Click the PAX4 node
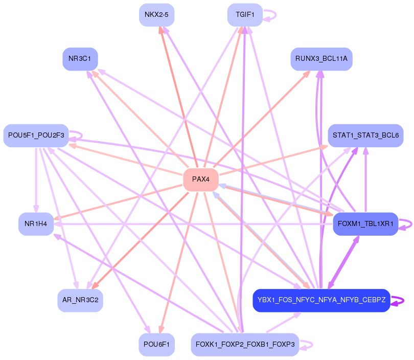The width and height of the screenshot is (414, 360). click(201, 179)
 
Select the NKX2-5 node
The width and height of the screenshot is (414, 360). click(156, 15)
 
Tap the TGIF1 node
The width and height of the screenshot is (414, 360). click(245, 15)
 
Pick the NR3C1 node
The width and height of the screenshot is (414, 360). click(80, 59)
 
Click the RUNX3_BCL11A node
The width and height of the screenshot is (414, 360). click(321, 59)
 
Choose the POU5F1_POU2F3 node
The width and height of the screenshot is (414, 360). click(36, 136)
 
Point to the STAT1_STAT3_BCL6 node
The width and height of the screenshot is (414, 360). click(365, 136)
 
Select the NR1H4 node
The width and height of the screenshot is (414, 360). click(36, 223)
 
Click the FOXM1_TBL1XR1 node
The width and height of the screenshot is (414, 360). click(365, 223)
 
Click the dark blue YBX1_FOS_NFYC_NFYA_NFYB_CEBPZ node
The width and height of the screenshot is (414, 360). click(321, 300)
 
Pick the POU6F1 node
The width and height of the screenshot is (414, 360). click(156, 345)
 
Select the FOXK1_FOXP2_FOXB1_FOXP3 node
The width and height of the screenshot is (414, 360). click(245, 345)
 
